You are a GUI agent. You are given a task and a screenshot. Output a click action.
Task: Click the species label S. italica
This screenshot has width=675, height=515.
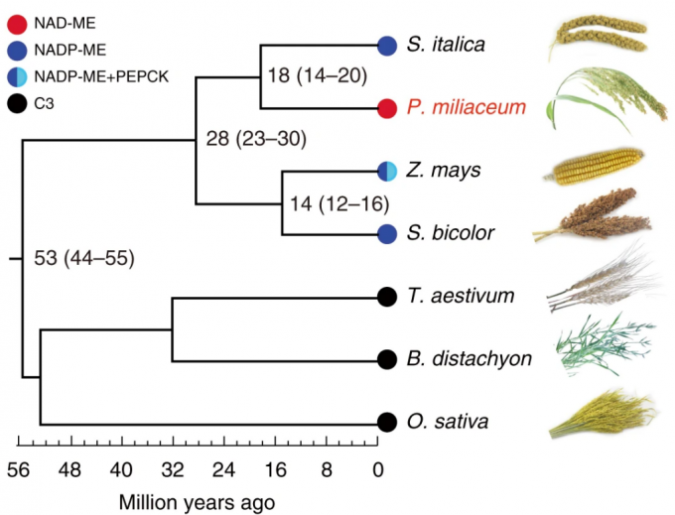pyautogui.click(x=445, y=45)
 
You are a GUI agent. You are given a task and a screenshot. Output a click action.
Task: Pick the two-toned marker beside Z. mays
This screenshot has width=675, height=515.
pyautogui.click(x=388, y=171)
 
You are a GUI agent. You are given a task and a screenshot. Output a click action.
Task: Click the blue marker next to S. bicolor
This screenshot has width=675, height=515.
pyautogui.click(x=388, y=234)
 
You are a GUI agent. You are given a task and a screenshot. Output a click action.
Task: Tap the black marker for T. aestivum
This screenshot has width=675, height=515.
pyautogui.click(x=388, y=296)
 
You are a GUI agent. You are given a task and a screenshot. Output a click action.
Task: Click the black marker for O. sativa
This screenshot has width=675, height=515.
pyautogui.click(x=388, y=422)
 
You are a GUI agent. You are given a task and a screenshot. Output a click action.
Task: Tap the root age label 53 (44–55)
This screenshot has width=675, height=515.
pyautogui.click(x=83, y=260)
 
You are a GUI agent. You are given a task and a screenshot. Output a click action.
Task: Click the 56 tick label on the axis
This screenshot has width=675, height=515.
pyautogui.click(x=19, y=468)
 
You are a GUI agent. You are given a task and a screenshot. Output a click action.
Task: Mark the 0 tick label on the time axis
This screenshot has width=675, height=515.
pyautogui.click(x=378, y=468)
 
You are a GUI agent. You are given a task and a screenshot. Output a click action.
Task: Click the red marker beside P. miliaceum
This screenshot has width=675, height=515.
pyautogui.click(x=388, y=107)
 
